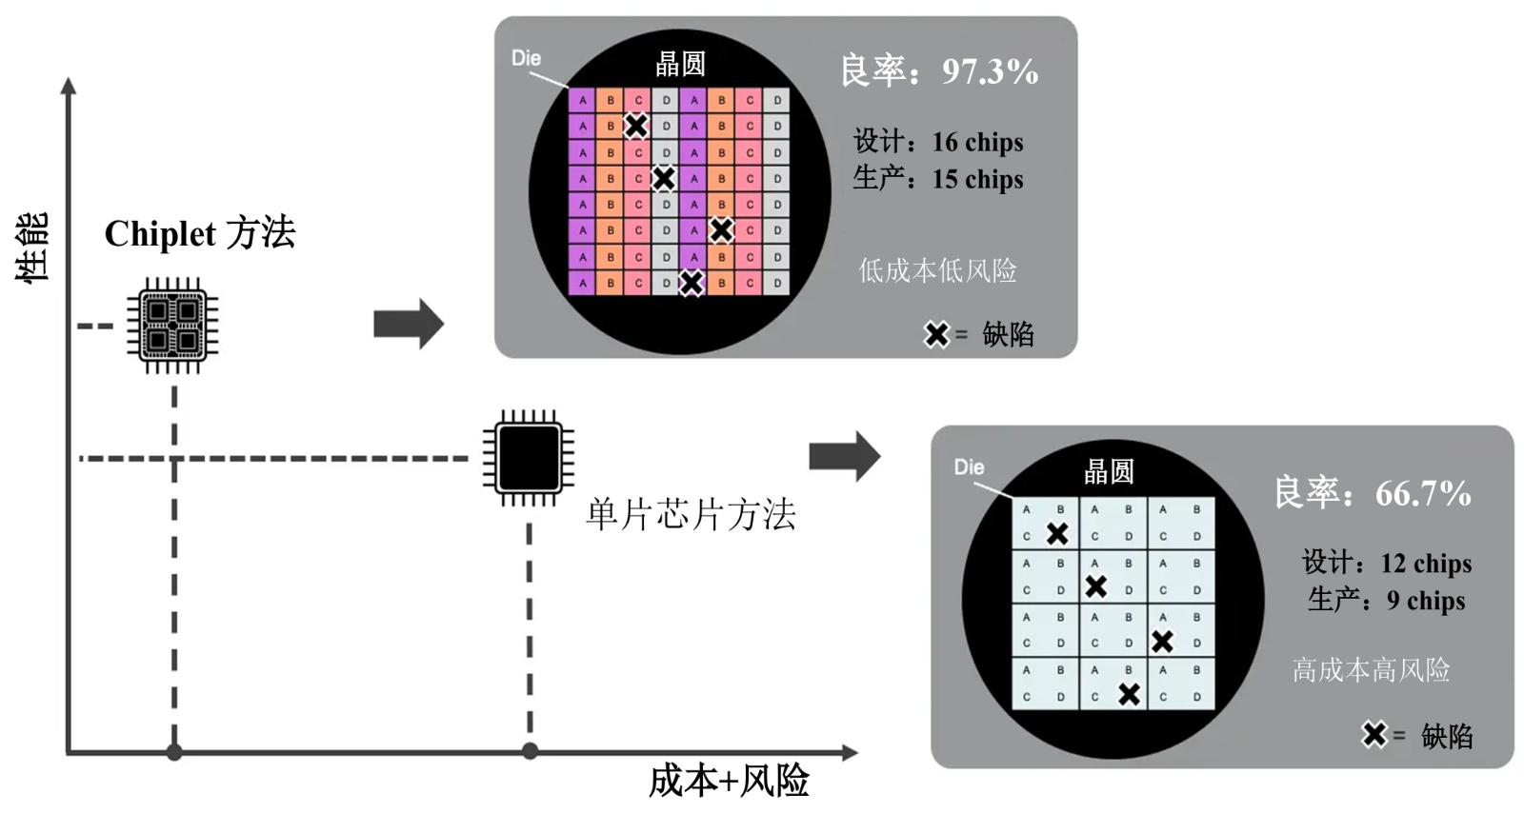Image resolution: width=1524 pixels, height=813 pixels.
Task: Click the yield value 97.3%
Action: click(990, 71)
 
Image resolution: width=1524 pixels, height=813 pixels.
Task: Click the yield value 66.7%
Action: click(1423, 493)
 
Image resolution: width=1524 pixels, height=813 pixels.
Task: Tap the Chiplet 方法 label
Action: click(200, 233)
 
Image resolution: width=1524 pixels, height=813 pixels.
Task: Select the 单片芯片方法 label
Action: click(691, 514)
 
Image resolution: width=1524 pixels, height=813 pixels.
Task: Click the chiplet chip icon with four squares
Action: click(172, 326)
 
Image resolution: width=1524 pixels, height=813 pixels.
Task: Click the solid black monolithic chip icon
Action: click(529, 458)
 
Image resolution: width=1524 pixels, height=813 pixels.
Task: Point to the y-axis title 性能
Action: click(31, 248)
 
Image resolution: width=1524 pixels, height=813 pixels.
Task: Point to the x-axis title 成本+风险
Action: click(729, 781)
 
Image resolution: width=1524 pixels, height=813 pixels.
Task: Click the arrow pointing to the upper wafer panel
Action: click(409, 324)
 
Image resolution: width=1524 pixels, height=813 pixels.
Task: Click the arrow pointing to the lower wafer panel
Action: click(845, 456)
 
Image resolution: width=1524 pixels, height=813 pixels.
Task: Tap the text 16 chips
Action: click(977, 142)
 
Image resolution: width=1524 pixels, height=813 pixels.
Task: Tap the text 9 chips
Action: click(1426, 601)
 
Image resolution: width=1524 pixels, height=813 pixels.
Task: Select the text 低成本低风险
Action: click(937, 270)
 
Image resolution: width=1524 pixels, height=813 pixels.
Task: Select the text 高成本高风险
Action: click(1371, 670)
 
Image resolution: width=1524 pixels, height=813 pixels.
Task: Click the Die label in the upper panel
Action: click(526, 58)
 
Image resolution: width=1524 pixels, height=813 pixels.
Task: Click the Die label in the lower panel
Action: click(969, 467)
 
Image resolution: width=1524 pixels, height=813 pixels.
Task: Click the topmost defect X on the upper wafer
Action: click(636, 126)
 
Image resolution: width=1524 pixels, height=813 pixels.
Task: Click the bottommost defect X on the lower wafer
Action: click(1129, 695)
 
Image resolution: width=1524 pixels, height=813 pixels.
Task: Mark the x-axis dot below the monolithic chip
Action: click(530, 751)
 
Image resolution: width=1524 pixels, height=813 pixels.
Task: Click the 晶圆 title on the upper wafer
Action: click(680, 64)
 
